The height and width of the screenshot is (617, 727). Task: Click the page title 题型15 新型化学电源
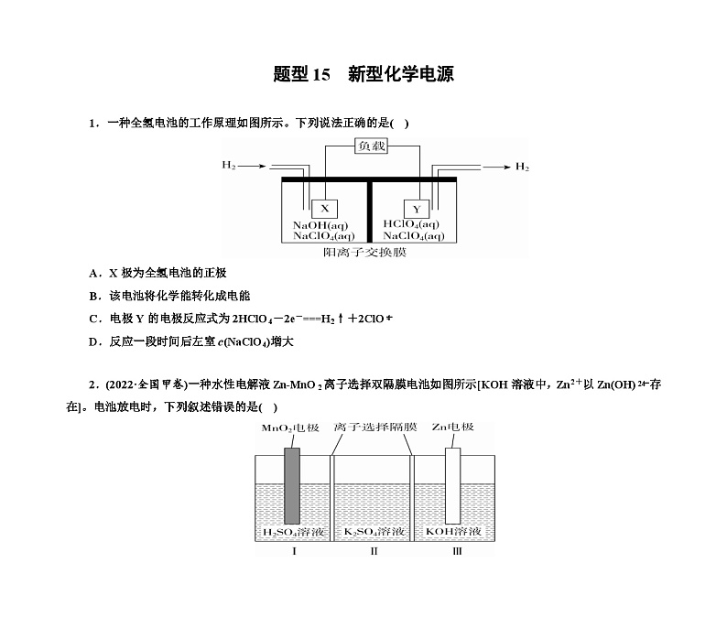coord(363,74)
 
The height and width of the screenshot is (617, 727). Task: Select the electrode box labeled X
coord(324,209)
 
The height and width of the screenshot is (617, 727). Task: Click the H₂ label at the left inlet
coord(229,166)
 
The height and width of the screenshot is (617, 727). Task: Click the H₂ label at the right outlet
coord(522,167)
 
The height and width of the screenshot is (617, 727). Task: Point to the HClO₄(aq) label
coord(411,224)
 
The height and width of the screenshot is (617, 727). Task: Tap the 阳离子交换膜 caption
coord(369,251)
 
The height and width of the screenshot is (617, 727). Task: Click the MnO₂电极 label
coord(290,428)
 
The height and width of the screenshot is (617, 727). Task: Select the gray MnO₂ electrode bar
coord(292,485)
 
